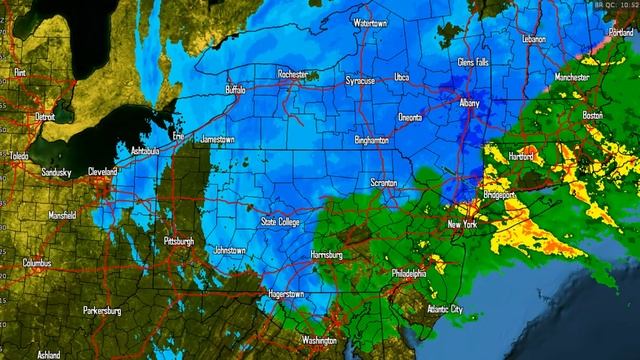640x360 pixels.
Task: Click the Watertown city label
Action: pos(370,22)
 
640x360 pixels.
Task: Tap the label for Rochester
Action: pos(292,74)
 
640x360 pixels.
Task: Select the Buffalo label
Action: pos(235,89)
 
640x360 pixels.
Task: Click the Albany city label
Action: pos(469,103)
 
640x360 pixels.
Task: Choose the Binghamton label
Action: pos(371,141)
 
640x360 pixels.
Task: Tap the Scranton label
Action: pos(383,183)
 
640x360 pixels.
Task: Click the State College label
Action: pos(281,222)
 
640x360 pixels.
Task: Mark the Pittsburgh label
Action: pos(182,241)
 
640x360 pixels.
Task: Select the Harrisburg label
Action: pos(327,255)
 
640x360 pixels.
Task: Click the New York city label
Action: pos(462,225)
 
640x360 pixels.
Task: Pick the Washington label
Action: pos(319,340)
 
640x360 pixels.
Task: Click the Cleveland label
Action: pos(102,171)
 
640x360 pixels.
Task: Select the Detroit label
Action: pos(44,117)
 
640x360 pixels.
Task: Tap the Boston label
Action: pos(592,115)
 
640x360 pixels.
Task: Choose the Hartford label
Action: pos(521,157)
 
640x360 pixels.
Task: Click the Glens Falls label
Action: pos(473,62)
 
